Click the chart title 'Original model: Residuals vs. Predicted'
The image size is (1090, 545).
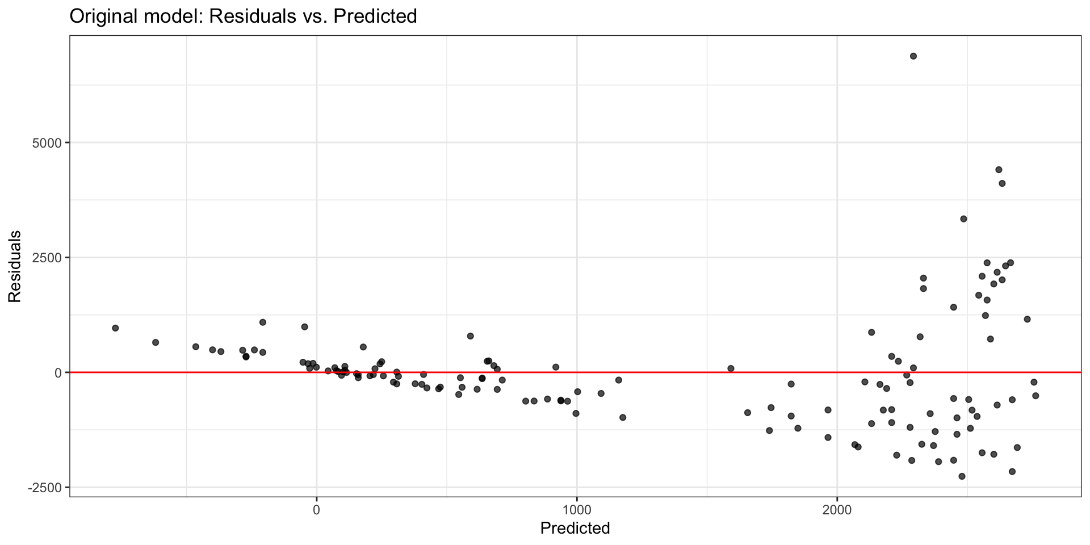coord(243,16)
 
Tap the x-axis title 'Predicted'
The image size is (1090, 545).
coord(575,528)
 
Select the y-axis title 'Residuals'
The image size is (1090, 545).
coord(14,266)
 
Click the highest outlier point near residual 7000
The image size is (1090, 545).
coord(913,56)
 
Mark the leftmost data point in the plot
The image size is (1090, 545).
coord(115,328)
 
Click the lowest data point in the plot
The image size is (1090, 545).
coord(962,476)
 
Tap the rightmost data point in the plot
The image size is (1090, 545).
coord(1035,396)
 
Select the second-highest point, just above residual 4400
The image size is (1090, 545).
coord(999,169)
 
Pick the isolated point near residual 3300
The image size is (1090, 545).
coord(963,219)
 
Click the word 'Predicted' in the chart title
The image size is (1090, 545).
coord(375,16)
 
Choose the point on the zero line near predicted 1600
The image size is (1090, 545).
coord(731,368)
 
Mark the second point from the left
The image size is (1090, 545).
coord(156,342)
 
